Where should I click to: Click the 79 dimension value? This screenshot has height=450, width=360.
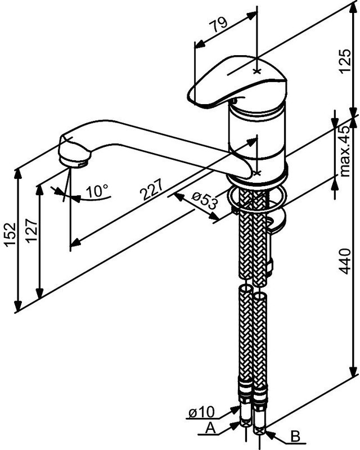tap(218, 25)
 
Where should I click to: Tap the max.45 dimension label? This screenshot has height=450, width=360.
tap(345, 151)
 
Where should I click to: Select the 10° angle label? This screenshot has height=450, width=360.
tap(97, 191)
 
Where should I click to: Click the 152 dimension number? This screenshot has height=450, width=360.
tap(10, 234)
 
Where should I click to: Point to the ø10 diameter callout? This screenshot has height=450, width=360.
tap(201, 412)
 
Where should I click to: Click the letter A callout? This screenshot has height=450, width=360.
tap(210, 429)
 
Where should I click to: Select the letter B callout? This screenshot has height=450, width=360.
tap(295, 436)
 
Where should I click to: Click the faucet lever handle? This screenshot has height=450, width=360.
tap(238, 82)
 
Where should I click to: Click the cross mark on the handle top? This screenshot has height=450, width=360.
tap(257, 71)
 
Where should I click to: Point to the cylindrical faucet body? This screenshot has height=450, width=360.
tap(257, 135)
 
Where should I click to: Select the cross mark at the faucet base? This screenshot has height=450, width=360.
tap(257, 173)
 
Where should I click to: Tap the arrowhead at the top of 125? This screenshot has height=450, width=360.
tap(353, 8)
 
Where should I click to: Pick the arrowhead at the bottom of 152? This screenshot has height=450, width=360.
tap(18, 305)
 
